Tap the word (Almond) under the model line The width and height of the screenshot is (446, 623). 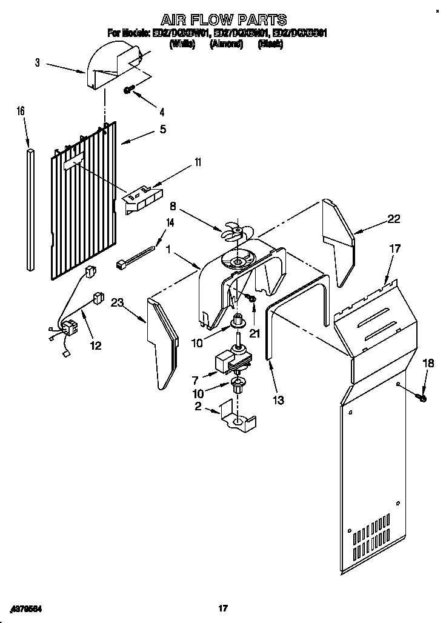(x=225, y=44)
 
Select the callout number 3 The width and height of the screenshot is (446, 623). (x=37, y=62)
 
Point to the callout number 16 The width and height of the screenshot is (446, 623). (x=21, y=111)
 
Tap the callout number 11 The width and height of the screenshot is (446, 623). (x=198, y=162)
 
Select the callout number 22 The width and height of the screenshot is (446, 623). (x=394, y=219)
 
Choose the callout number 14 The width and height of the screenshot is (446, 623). (x=170, y=222)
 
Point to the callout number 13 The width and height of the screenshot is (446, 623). (x=278, y=399)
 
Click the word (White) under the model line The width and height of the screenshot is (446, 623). (x=182, y=44)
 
